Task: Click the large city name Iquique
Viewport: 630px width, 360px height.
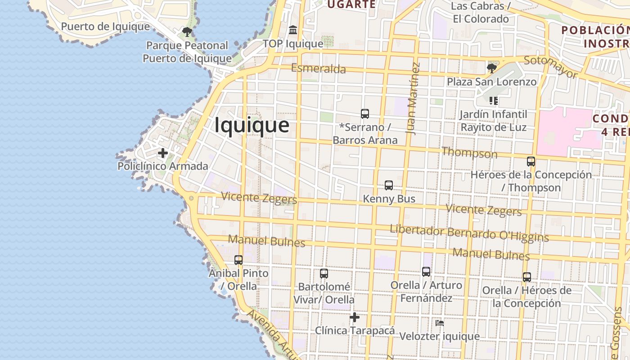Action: tap(252, 125)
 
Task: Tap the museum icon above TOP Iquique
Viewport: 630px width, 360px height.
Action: tap(293, 30)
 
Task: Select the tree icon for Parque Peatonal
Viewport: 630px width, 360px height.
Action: tap(187, 32)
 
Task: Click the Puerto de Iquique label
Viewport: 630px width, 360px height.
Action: tap(105, 27)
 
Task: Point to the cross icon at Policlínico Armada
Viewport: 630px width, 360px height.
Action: tap(163, 153)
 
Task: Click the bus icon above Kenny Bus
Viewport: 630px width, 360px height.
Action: tap(389, 185)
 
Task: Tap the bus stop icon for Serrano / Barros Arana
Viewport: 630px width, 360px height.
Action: tap(365, 114)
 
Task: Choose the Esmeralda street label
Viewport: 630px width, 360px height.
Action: tap(319, 68)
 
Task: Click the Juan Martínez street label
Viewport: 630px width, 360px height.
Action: tap(413, 98)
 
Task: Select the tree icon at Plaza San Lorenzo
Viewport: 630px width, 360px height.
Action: tap(492, 68)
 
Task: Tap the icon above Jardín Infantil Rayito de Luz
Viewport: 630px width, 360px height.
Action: tap(494, 101)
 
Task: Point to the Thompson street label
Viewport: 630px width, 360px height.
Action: tap(469, 153)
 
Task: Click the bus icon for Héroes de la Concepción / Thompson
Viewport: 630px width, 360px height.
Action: tap(531, 161)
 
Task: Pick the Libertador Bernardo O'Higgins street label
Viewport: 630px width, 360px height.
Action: tap(469, 232)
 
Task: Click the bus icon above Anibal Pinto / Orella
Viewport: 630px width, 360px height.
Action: tap(238, 260)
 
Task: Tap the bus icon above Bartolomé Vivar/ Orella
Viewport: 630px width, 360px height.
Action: tap(324, 274)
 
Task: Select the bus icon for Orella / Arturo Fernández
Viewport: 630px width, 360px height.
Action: tap(426, 272)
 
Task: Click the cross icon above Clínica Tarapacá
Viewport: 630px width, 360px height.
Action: tap(355, 317)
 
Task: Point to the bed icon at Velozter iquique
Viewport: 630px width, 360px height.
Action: tap(440, 323)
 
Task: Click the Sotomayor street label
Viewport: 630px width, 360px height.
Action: tap(550, 67)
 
